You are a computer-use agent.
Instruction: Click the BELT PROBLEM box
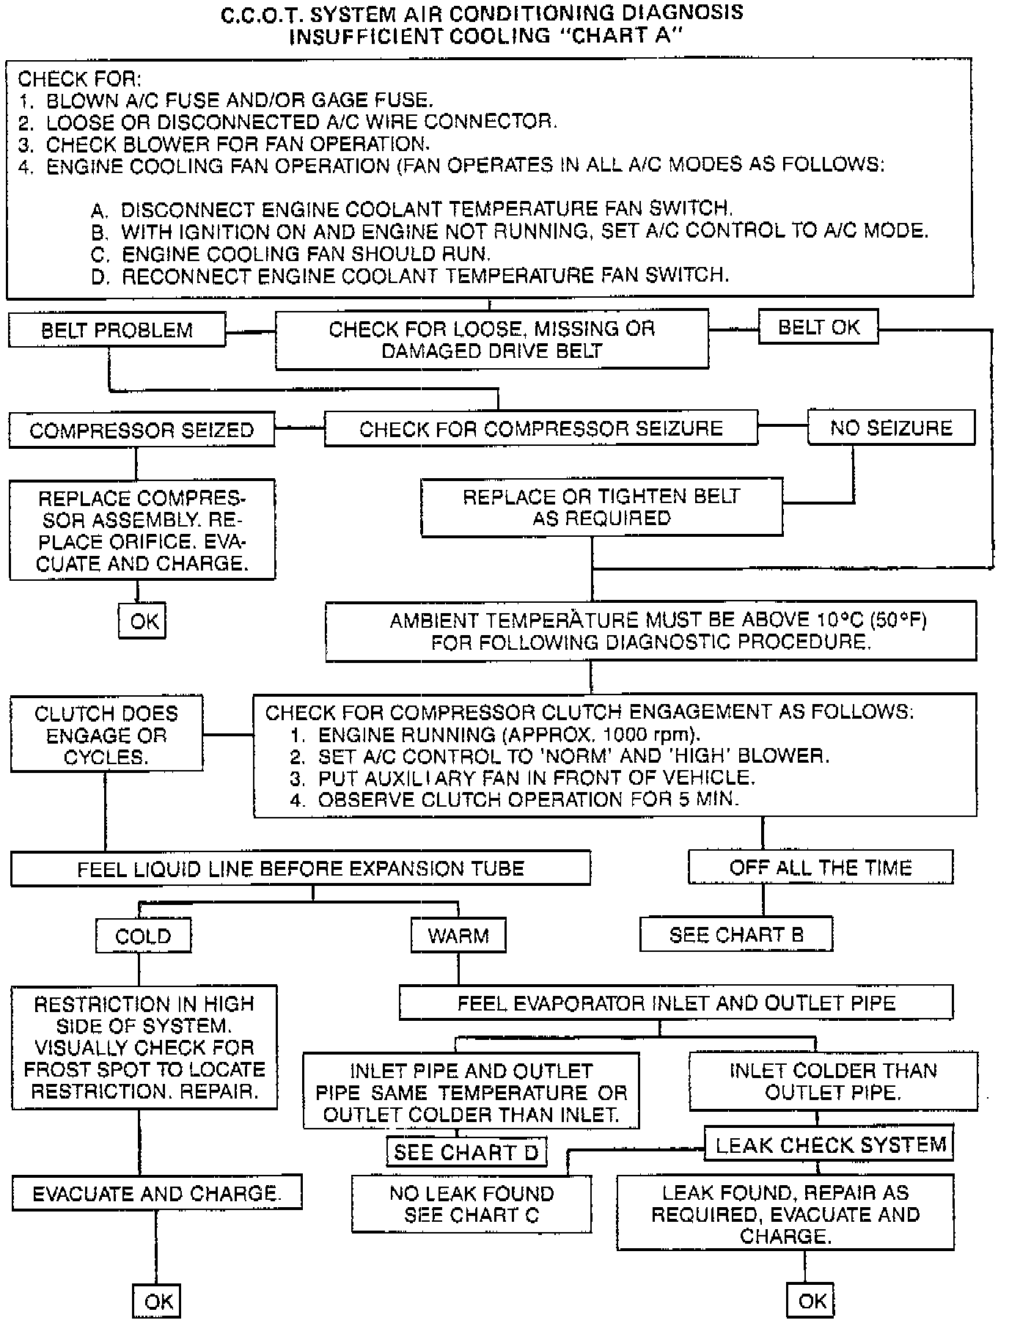[x=117, y=330]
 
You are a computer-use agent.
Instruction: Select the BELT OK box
[x=818, y=327]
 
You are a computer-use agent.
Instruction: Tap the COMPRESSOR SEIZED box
[x=142, y=430]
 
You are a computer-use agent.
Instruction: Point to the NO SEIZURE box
[x=891, y=428]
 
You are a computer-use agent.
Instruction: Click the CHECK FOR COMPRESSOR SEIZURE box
[x=540, y=428]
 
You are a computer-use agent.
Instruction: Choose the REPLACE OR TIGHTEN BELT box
[x=601, y=507]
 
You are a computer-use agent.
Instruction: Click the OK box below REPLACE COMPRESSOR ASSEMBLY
[x=144, y=621]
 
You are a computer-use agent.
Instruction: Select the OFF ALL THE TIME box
[x=820, y=868]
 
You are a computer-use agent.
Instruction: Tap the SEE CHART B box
[x=736, y=935]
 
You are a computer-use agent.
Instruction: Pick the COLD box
[x=143, y=936]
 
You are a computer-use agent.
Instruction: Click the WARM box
[x=458, y=936]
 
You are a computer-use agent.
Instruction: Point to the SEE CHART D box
[x=466, y=1152]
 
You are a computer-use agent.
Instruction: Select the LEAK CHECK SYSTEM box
[x=829, y=1145]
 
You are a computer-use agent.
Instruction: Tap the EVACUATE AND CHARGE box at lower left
[x=156, y=1193]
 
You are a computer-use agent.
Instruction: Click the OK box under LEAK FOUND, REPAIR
[x=811, y=1301]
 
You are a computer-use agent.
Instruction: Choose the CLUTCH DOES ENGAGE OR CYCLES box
[x=106, y=735]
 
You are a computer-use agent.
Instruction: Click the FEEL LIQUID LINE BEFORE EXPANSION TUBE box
[x=301, y=868]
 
